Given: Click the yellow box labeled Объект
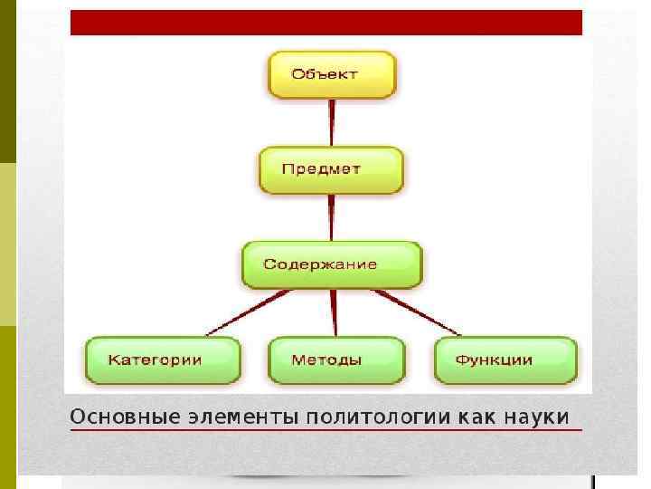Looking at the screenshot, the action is tap(331, 74).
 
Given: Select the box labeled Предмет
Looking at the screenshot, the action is tap(331, 169).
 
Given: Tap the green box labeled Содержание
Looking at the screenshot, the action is tap(331, 264).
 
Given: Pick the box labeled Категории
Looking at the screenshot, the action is tap(163, 360).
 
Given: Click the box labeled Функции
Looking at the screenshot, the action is tap(505, 360).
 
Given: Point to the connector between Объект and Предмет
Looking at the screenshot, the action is tap(331, 122).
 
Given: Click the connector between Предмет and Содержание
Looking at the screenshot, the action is tap(331, 217).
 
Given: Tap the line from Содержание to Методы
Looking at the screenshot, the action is tap(334, 313).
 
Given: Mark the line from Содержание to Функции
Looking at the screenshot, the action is tap(418, 313).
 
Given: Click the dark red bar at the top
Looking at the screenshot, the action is tap(325, 23).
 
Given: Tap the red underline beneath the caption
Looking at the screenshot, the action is tap(325, 430).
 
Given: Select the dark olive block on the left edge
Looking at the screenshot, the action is tap(8, 81).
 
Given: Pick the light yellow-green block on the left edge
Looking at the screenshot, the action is tap(8, 244).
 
